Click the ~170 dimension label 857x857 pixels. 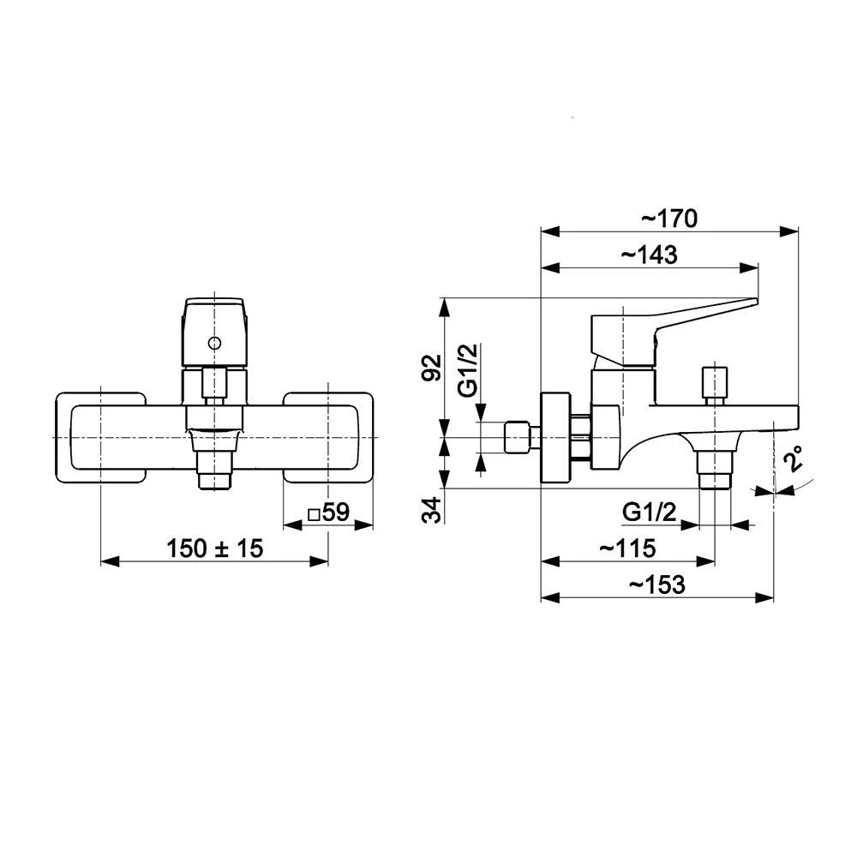pos(669,219)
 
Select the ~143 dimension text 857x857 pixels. pos(650,255)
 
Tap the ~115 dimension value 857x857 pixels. pos(627,548)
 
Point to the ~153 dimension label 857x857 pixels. pos(656,584)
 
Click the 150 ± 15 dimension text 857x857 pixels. pos(215,548)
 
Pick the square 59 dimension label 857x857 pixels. pos(328,512)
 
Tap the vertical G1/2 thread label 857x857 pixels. pos(469,369)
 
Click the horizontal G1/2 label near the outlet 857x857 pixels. pos(650,512)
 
